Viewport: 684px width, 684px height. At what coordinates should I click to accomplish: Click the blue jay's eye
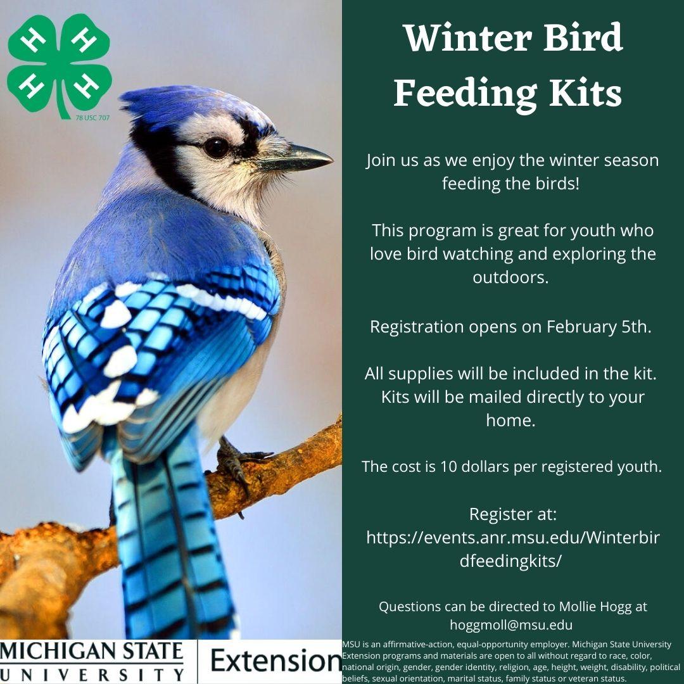[216, 148]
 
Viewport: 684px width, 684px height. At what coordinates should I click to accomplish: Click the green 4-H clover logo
[60, 65]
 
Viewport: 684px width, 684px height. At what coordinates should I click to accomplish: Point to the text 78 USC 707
[92, 118]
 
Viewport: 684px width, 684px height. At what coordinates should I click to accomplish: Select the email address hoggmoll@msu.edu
[511, 624]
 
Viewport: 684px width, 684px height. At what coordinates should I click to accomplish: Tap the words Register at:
[513, 514]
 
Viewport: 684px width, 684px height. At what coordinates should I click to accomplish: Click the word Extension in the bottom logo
[275, 661]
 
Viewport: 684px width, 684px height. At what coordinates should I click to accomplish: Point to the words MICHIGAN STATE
[92, 651]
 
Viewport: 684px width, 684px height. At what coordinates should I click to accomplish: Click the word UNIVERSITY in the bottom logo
[92, 674]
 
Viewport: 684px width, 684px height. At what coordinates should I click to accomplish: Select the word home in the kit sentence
[508, 420]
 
